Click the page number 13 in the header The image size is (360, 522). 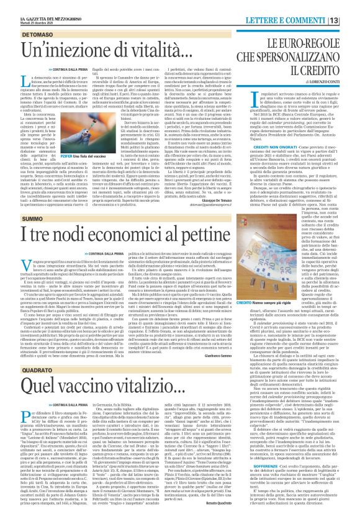pyautogui.click(x=350, y=5)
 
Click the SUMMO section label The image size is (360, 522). pyautogui.click(x=16, y=225)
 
